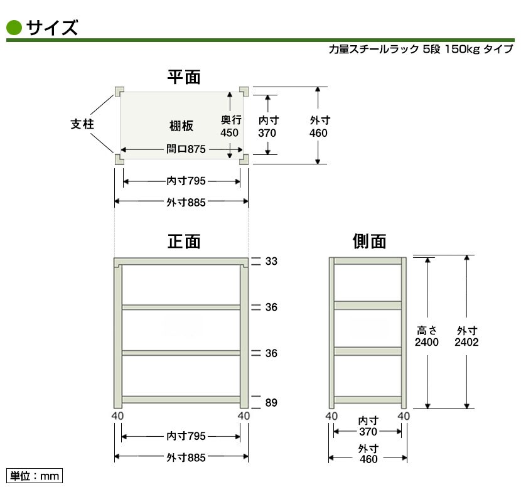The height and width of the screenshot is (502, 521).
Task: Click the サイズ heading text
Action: click(x=52, y=28)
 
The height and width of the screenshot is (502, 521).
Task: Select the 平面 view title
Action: click(x=183, y=77)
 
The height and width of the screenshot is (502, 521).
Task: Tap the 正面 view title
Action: click(x=183, y=242)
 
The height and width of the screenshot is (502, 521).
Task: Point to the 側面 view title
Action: click(x=369, y=242)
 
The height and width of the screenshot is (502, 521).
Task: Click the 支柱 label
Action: click(x=82, y=124)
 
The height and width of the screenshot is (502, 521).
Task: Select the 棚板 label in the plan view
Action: click(x=181, y=126)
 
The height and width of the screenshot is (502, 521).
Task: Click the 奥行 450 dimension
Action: click(x=230, y=126)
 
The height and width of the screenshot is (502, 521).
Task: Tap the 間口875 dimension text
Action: click(x=187, y=150)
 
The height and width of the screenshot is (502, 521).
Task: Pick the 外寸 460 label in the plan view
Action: click(x=319, y=126)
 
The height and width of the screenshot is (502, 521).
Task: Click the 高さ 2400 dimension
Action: click(x=427, y=336)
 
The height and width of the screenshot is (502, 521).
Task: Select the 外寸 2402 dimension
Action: click(x=467, y=336)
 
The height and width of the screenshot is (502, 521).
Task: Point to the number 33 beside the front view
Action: click(x=271, y=262)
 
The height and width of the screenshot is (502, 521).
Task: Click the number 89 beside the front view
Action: click(x=271, y=402)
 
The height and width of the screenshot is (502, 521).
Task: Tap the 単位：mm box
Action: click(x=35, y=476)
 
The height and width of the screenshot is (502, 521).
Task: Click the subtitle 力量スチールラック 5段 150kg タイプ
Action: click(x=420, y=49)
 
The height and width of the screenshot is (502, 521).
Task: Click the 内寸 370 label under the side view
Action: click(x=368, y=427)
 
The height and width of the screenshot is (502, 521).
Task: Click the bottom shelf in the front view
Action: click(x=181, y=399)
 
